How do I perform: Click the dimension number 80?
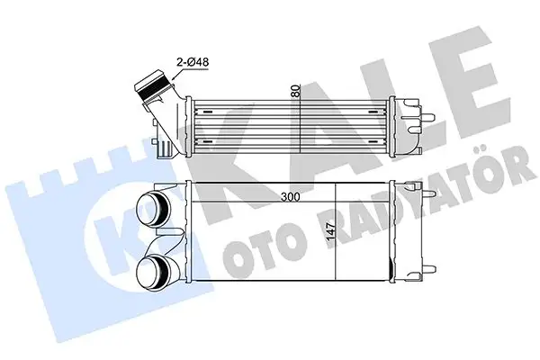click(293, 92)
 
